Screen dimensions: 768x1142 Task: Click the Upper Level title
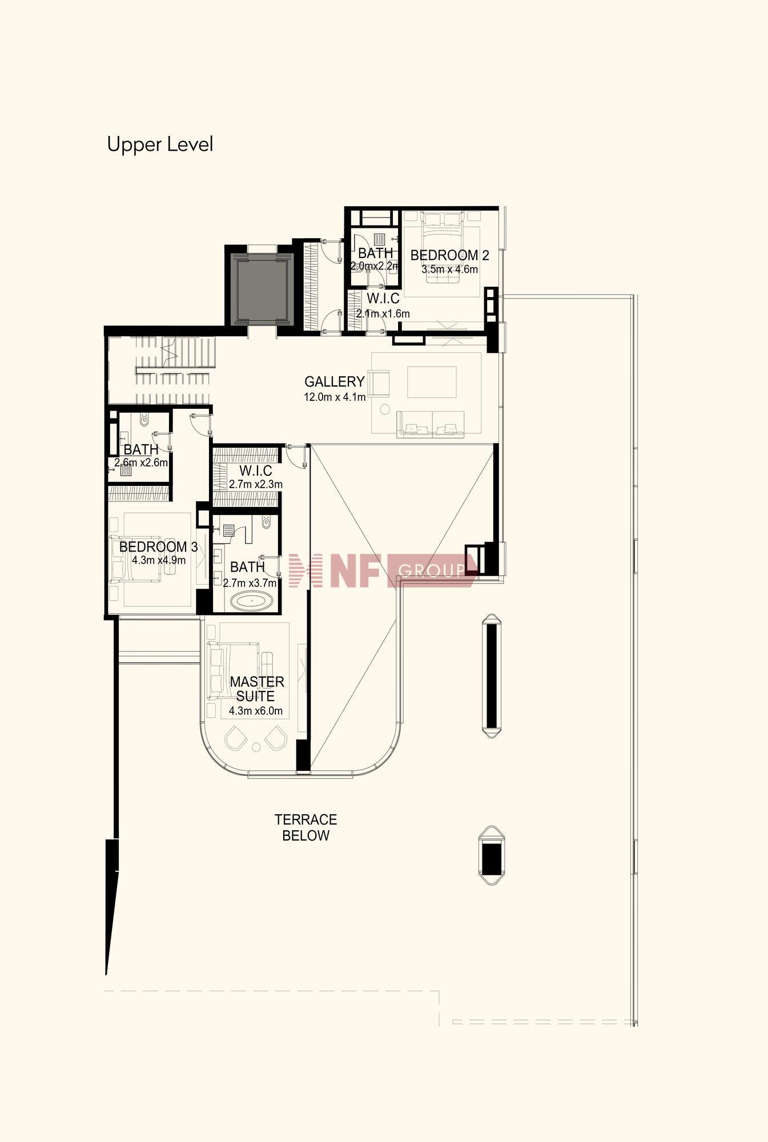[160, 144]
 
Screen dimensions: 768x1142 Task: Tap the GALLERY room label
[334, 381]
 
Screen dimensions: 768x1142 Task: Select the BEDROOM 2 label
[449, 255]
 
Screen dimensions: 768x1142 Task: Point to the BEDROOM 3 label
[158, 546]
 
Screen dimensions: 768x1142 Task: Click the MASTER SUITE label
[256, 689]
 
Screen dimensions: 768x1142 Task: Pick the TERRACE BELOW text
[306, 827]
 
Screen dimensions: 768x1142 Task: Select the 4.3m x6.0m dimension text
[256, 711]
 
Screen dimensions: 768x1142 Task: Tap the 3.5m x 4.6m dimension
[449, 270]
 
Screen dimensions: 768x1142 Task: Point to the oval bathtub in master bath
[251, 601]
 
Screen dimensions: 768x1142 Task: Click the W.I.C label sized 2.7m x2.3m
[255, 471]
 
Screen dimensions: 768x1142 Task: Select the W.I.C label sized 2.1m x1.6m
[383, 299]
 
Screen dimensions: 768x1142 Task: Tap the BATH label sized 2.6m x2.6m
[140, 449]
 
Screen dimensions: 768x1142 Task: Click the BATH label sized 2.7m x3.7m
[247, 567]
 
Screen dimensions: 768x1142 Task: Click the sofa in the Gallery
[431, 424]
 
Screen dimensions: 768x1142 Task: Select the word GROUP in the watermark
[432, 570]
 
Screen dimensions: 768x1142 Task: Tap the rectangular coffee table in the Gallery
[432, 382]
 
